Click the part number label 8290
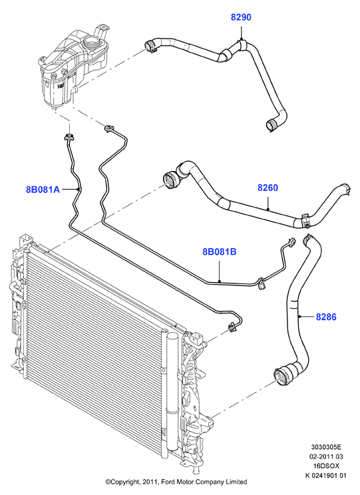coord(241,17)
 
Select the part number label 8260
coord(268,188)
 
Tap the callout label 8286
coord(326,317)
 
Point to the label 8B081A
coord(43,190)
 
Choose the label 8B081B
coord(220,252)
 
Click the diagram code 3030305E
coord(326,447)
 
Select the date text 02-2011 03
coord(327,456)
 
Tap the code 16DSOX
coord(327,466)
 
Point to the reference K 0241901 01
coord(325,476)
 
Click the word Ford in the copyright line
coord(168,482)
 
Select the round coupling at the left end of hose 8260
coord(171,179)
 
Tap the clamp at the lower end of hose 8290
coord(271,125)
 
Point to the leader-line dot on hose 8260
coord(268,209)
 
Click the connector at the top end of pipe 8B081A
coord(69,137)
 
